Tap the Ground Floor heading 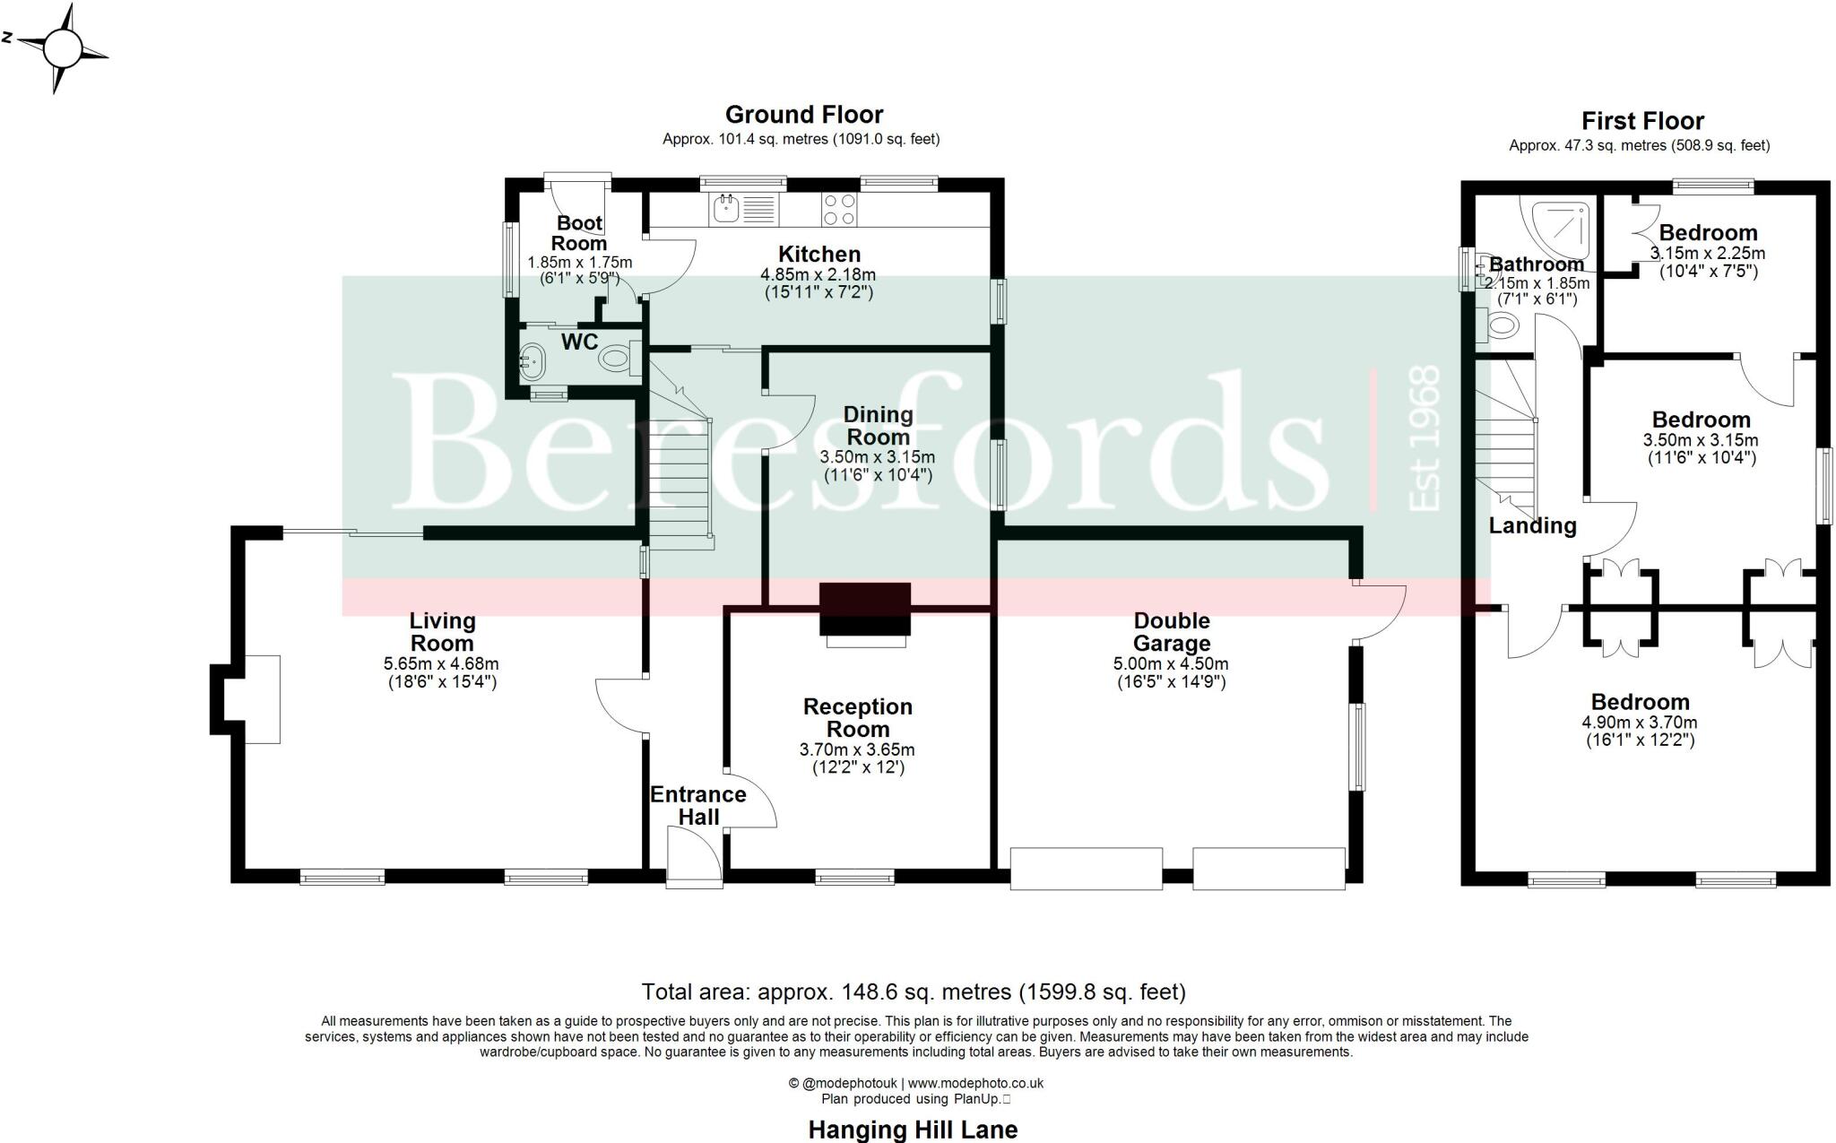tap(803, 115)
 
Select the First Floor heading tap(1641, 121)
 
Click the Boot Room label tap(579, 233)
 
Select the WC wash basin tap(532, 362)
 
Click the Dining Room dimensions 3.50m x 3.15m tap(878, 457)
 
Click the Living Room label tap(442, 632)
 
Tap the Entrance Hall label tap(697, 805)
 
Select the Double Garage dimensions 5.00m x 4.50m tap(1171, 664)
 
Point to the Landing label tap(1532, 526)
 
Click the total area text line tap(913, 991)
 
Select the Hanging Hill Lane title tap(913, 1130)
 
